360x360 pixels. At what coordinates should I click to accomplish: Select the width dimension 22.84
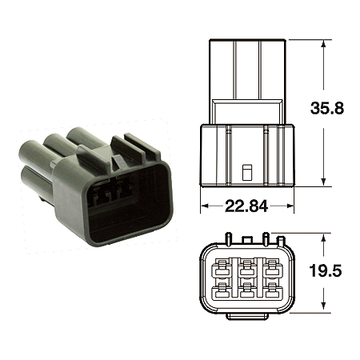246,206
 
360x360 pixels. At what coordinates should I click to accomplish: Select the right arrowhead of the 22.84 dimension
290,206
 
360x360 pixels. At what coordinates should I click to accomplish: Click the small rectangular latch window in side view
246,171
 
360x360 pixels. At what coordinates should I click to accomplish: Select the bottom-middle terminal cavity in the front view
246,290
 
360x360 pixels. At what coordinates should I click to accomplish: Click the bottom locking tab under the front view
246,317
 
